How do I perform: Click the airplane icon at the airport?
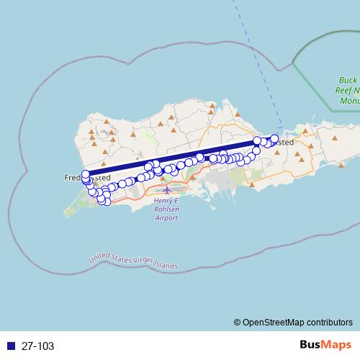167,191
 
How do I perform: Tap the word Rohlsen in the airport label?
167,210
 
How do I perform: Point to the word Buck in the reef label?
348,81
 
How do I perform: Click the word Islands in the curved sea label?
165,266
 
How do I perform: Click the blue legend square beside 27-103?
11,346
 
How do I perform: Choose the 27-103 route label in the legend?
37,346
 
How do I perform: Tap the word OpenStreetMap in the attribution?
274,323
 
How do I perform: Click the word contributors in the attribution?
330,323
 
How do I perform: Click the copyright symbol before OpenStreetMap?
237,323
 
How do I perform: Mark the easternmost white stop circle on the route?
274,139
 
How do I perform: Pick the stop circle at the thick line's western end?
86,174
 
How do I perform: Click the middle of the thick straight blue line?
171,158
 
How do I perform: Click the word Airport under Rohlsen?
167,217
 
